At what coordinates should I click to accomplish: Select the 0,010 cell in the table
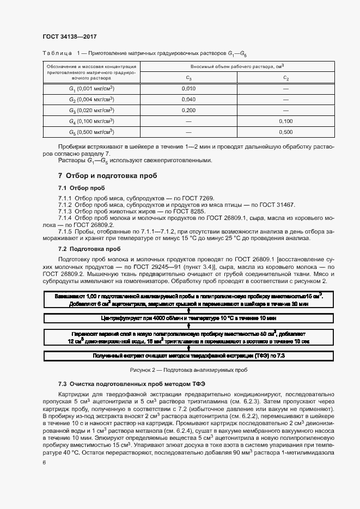click(188, 88)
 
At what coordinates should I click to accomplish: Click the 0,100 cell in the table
click(285, 121)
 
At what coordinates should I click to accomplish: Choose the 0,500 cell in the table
click(285, 132)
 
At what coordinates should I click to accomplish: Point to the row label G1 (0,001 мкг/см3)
click(91, 88)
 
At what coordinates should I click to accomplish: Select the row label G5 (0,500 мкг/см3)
click(91, 132)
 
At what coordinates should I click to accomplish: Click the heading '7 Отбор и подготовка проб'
click(107, 176)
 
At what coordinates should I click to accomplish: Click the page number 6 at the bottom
click(44, 462)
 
